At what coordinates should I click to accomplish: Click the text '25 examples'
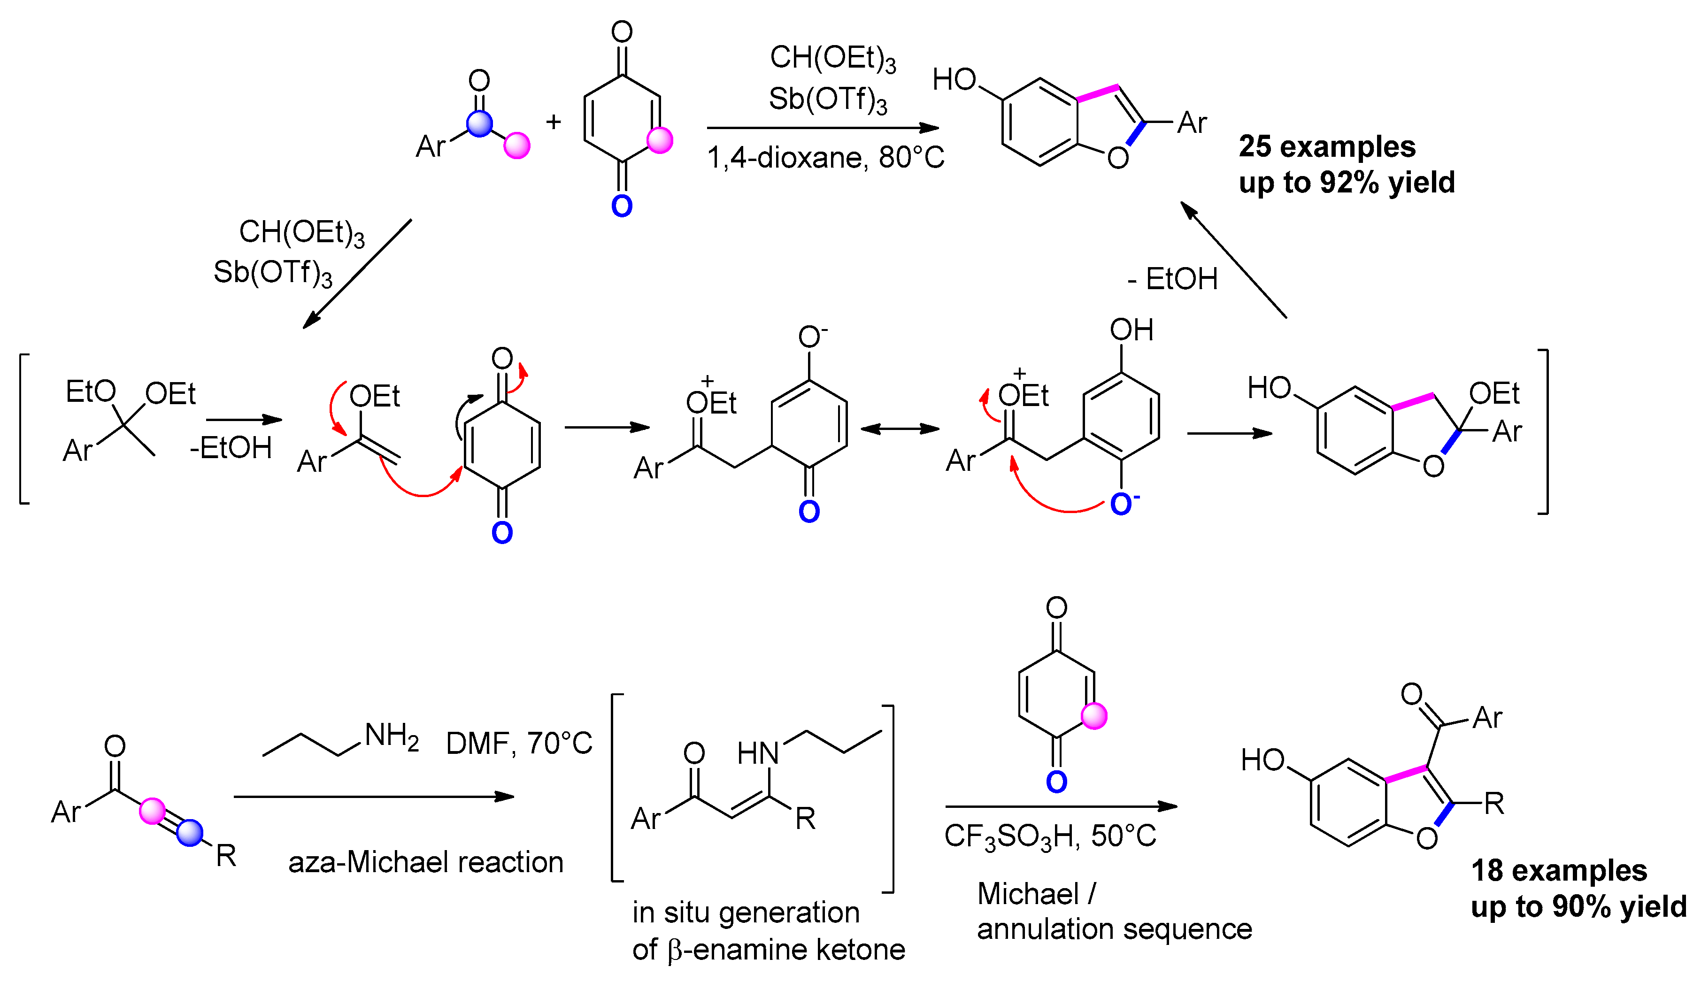pos(1327,146)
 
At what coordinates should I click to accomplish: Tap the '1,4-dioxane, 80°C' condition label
pos(825,158)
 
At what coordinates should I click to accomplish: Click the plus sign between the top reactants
pos(553,122)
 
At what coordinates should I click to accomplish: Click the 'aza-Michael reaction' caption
pos(425,862)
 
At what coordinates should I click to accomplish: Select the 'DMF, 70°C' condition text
pos(519,743)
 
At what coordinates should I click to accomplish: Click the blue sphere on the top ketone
pos(479,123)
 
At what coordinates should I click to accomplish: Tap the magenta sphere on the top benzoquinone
pos(659,140)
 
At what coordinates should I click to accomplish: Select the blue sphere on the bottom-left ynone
pos(190,833)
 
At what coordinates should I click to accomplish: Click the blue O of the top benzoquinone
pos(621,206)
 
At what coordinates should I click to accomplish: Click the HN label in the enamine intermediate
pos(757,753)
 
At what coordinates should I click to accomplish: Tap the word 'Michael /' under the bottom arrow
pos(1036,894)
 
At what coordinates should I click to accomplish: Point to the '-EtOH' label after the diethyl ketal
pos(231,448)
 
